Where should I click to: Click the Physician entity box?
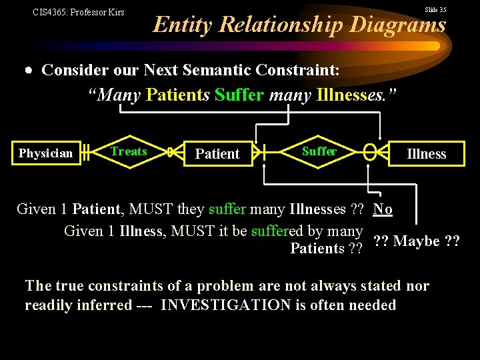click(x=45, y=153)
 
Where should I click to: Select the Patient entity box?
click(x=217, y=154)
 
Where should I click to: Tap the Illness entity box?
click(x=426, y=154)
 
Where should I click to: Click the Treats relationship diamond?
click(x=129, y=152)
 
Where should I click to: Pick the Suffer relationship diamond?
click(x=319, y=151)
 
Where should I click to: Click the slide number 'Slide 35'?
click(x=435, y=9)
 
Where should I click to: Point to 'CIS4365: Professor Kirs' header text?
click(x=79, y=12)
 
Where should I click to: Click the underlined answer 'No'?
click(x=383, y=209)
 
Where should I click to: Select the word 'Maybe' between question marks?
click(x=417, y=241)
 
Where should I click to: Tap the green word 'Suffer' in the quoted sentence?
click(x=239, y=95)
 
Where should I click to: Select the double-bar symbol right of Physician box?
click(x=86, y=153)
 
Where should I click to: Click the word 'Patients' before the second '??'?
click(x=317, y=249)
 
